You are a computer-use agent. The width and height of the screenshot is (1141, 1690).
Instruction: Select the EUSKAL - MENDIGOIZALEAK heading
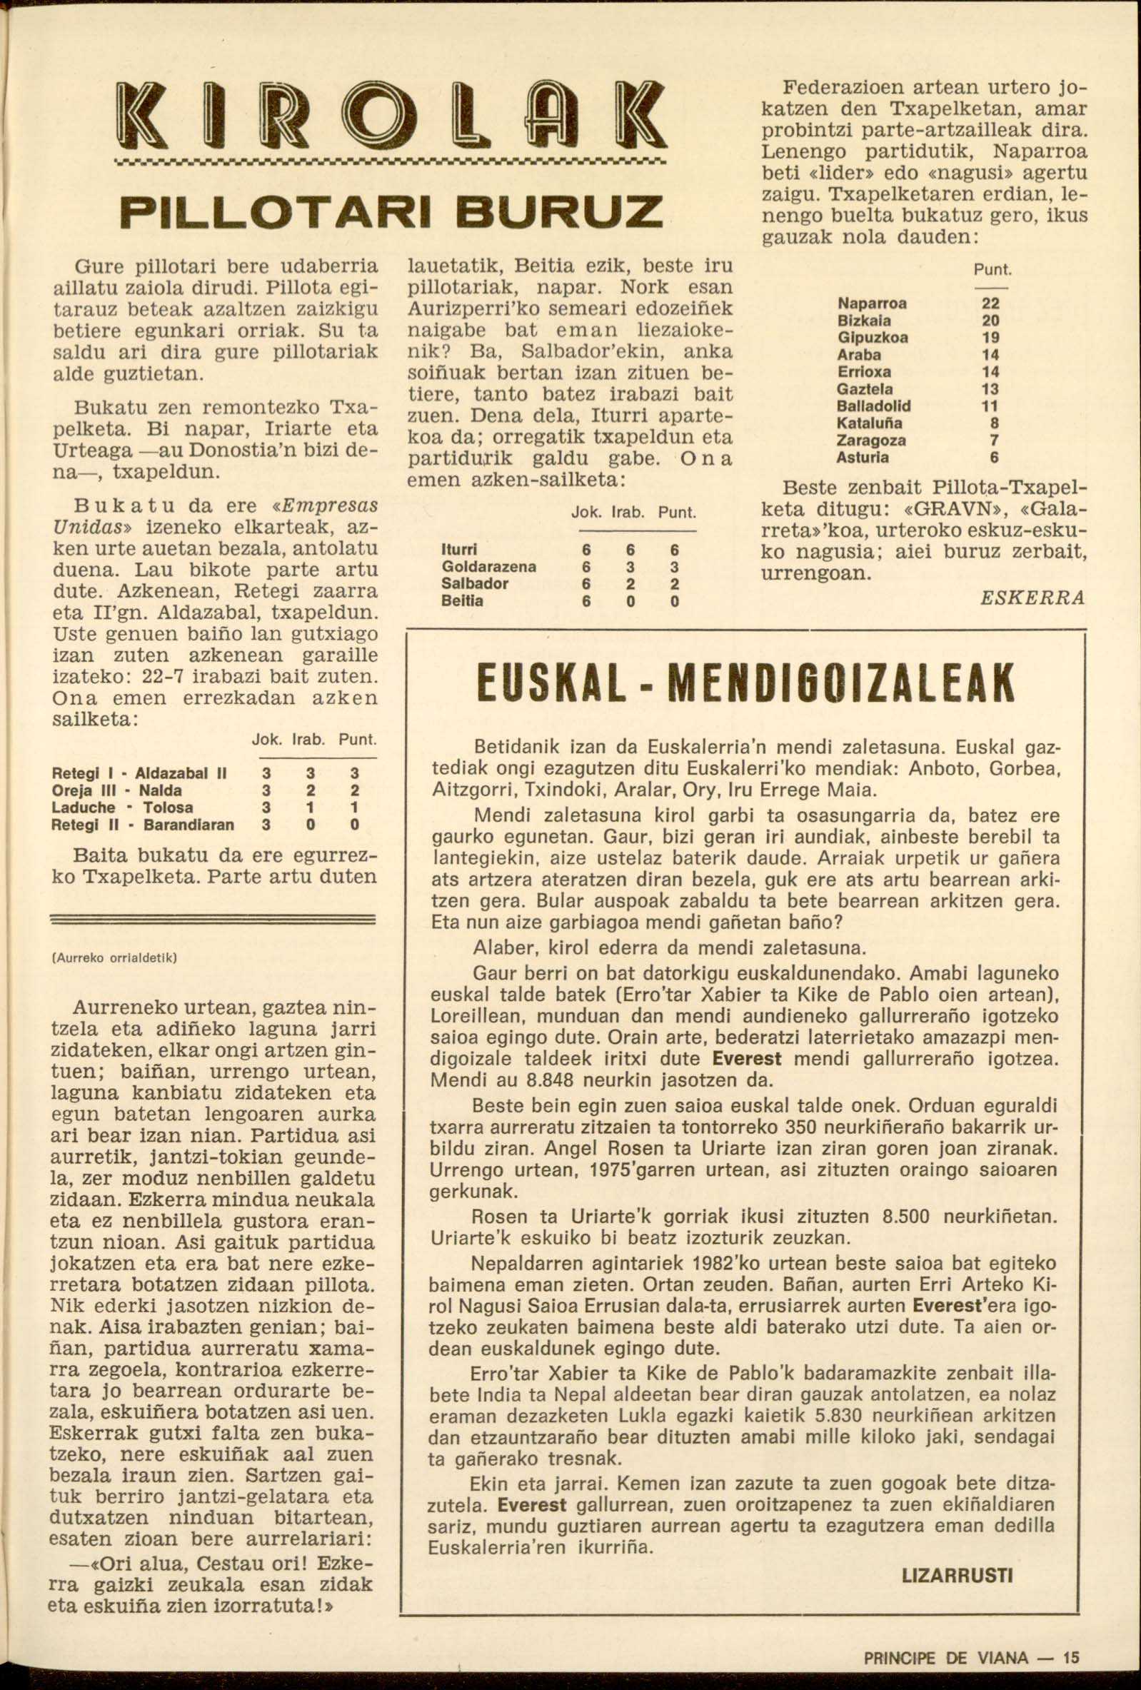pyautogui.click(x=745, y=683)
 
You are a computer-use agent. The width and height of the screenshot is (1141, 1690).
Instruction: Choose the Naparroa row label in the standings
pyautogui.click(x=872, y=303)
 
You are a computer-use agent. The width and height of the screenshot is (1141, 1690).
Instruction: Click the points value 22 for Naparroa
pyautogui.click(x=990, y=303)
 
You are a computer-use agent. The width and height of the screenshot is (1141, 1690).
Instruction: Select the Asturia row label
pyautogui.click(x=863, y=458)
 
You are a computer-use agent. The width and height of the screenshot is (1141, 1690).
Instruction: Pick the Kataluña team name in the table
pyautogui.click(x=870, y=423)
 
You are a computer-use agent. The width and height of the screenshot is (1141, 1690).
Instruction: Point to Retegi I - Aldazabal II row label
pyautogui.click(x=140, y=773)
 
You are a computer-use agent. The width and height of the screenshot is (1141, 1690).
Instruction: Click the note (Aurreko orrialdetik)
pyautogui.click(x=114, y=958)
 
